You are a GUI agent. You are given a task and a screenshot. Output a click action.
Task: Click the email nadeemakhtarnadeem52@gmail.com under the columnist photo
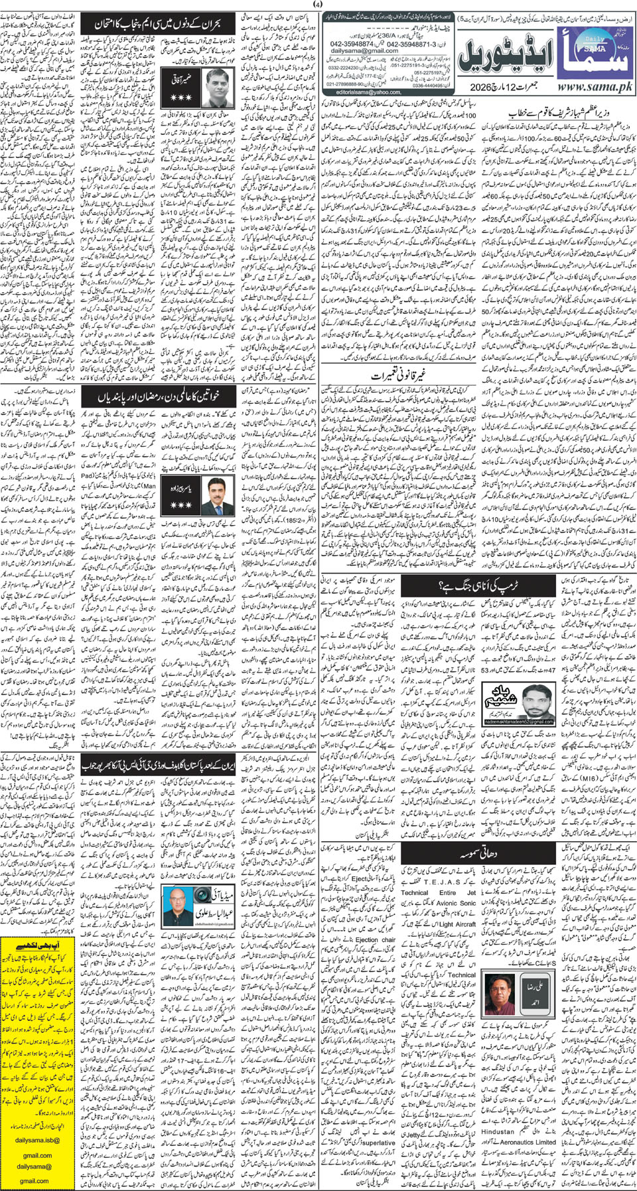520,721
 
